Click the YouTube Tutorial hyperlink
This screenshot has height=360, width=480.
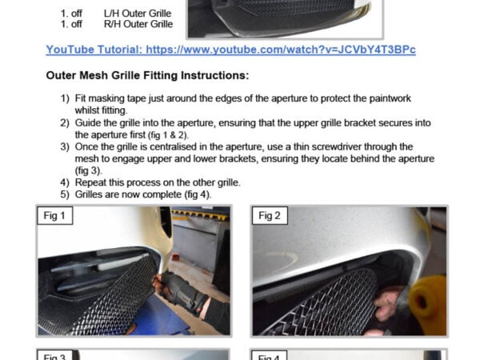click(231, 50)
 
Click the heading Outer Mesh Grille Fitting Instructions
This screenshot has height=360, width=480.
click(147, 75)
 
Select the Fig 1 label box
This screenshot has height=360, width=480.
click(54, 215)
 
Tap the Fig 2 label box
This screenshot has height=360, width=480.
click(270, 215)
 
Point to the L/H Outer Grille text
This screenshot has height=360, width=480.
click(138, 14)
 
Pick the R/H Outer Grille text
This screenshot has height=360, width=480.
click(138, 24)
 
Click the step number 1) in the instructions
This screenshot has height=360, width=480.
click(65, 98)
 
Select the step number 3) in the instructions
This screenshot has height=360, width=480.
click(65, 147)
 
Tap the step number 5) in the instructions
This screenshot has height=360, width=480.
click(65, 194)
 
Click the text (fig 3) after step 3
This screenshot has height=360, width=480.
click(89, 171)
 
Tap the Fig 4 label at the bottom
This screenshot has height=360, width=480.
click(269, 356)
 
